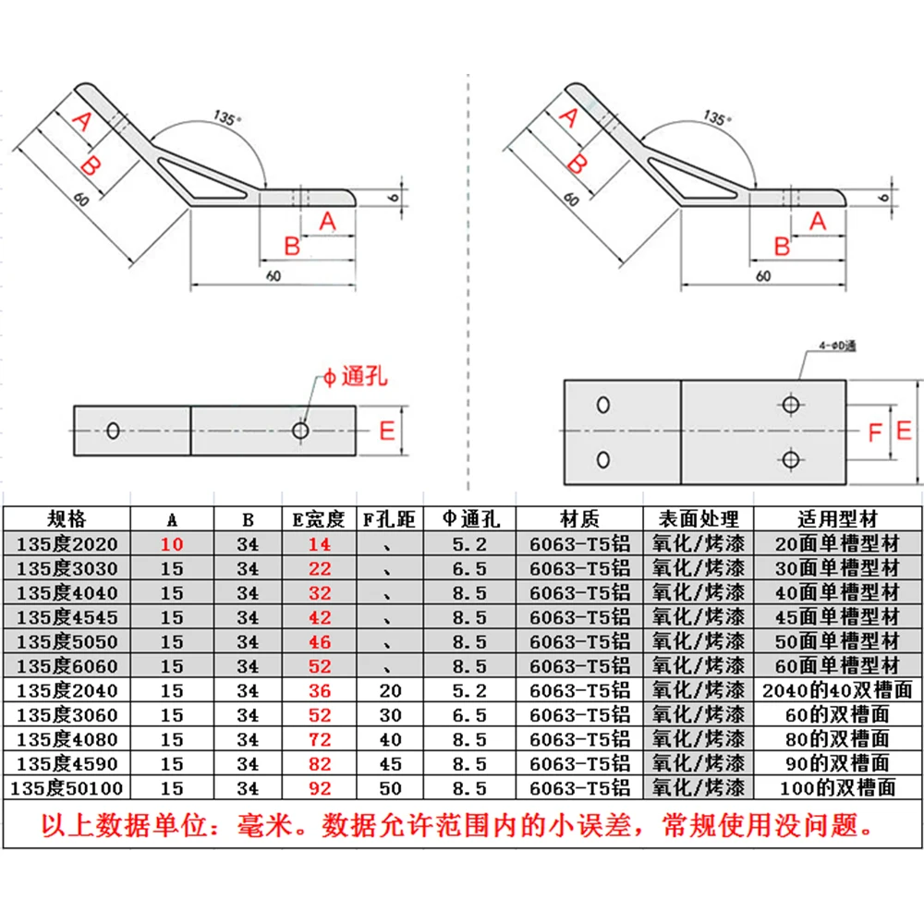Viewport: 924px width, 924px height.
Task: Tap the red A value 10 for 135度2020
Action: pyautogui.click(x=172, y=544)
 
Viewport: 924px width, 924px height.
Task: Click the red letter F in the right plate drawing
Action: pyautogui.click(x=875, y=432)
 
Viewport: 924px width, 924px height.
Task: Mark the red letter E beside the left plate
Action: pyautogui.click(x=387, y=430)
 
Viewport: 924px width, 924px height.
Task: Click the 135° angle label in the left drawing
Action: pyautogui.click(x=225, y=117)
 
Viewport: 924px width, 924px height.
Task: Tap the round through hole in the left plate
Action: pyautogui.click(x=300, y=430)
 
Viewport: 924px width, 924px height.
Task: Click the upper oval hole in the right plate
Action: pyautogui.click(x=602, y=406)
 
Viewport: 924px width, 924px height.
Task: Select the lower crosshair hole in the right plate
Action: pyautogui.click(x=790, y=458)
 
